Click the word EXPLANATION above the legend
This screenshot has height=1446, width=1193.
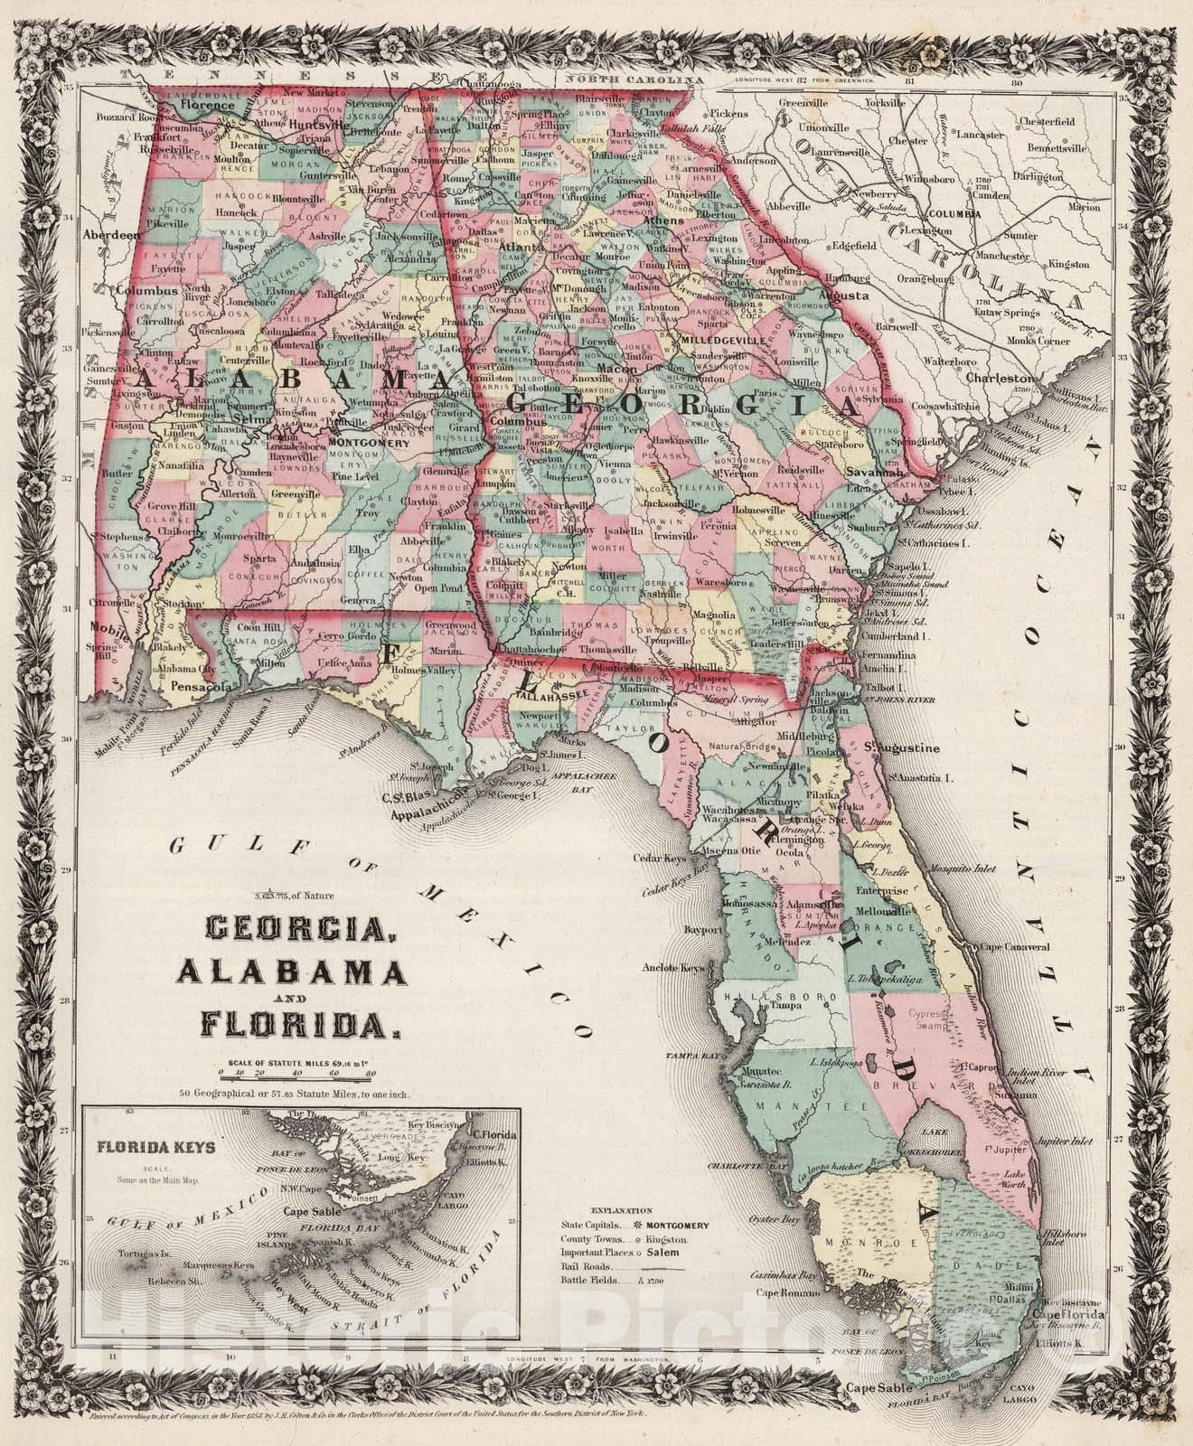pos(619,1208)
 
